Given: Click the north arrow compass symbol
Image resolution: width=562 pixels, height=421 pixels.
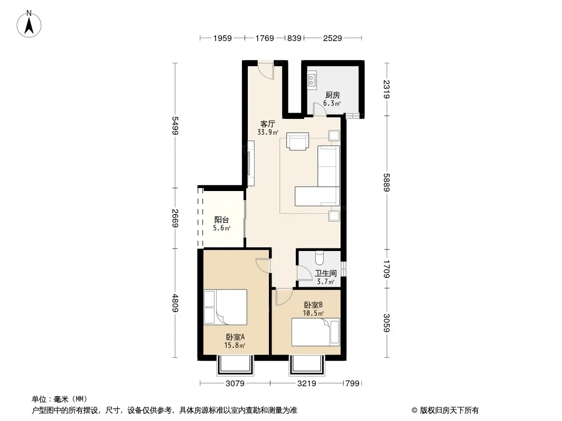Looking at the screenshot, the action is pos(29,24).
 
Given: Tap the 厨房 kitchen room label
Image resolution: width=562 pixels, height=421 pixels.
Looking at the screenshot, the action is pos(332,95).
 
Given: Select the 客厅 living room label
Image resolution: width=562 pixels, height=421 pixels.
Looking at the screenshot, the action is pos(267,124).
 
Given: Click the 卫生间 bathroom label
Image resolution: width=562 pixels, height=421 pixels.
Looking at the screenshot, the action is pos(325,274).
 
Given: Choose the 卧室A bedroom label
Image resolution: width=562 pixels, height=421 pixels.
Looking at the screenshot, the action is pos(235,337).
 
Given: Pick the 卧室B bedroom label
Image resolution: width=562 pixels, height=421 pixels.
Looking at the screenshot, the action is pos(313,305).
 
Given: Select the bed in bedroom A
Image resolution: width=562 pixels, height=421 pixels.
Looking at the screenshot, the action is pos(226,307).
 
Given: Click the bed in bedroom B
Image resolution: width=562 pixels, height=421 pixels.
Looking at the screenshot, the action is pos(315,332).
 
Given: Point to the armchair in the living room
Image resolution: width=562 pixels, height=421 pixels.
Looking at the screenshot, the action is pos(297,142).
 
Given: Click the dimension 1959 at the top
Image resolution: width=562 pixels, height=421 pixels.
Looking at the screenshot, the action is pos(222,38).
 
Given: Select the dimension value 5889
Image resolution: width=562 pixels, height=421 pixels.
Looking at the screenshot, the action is pos(386,183).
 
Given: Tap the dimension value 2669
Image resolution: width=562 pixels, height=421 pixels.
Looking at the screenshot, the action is pos(175,218).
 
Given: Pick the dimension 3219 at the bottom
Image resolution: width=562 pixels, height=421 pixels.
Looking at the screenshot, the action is pos(306,384).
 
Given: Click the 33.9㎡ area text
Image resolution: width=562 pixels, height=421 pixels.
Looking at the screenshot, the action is pos(267,132).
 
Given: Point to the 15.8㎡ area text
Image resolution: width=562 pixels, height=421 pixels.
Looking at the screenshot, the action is pos(235,345).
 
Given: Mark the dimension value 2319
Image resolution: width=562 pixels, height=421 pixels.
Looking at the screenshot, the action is pos(386,89).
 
